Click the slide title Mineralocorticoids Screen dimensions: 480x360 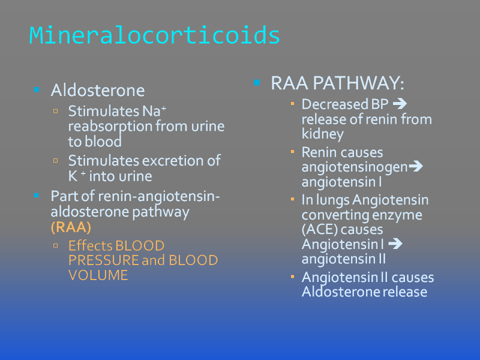click(155, 35)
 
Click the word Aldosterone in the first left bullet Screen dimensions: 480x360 click(98, 91)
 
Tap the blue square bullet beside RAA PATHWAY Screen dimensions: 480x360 click(257, 82)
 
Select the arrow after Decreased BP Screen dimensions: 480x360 click(400, 104)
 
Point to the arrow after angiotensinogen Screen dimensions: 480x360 click(416, 167)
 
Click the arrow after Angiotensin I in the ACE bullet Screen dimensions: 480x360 click(395, 244)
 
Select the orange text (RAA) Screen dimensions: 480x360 click(71, 227)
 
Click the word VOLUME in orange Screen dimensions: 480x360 click(98, 275)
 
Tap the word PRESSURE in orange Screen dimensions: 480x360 click(103, 260)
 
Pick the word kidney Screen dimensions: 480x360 click(323, 134)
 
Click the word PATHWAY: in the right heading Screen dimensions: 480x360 click(359, 83)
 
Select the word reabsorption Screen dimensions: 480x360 click(110, 127)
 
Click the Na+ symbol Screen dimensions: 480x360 click(154, 111)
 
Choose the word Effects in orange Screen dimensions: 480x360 click(91, 245)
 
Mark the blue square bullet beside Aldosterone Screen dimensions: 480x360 click(37, 89)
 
